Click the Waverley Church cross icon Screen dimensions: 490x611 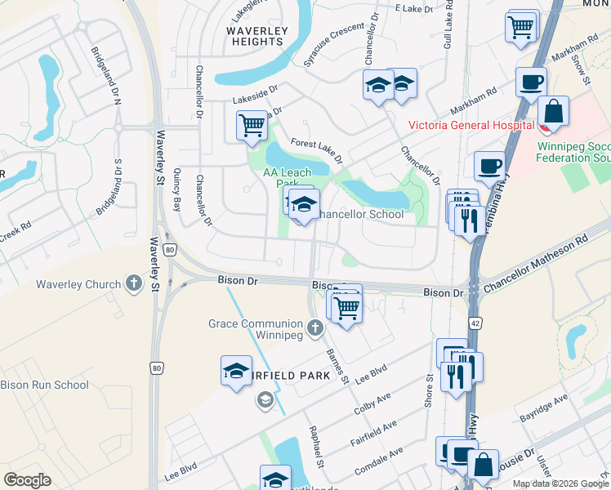[x=134, y=284]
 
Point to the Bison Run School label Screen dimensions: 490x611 [x=44, y=385]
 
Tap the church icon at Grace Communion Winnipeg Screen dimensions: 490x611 [x=316, y=327]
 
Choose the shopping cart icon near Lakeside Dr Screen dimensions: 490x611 [x=252, y=127]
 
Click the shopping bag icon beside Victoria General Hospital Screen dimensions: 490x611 [x=553, y=111]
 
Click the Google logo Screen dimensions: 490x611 [x=27, y=479]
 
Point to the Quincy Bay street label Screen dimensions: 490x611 [x=177, y=194]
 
